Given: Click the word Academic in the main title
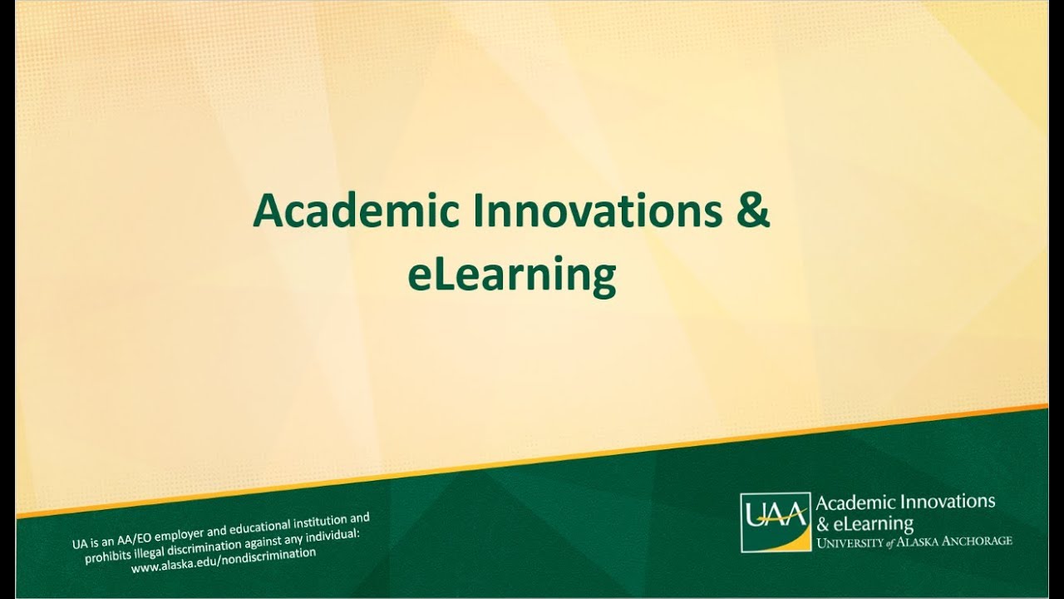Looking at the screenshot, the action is click(x=357, y=210).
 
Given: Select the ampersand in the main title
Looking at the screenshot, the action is click(x=752, y=210).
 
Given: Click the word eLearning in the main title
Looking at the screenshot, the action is click(x=512, y=275).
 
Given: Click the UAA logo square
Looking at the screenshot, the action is click(x=776, y=522).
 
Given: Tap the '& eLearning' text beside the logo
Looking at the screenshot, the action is click(x=865, y=524).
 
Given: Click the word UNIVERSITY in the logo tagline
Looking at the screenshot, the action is click(x=850, y=542).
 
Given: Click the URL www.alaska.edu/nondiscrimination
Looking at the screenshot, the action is click(x=224, y=560).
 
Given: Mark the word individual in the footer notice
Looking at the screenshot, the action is click(x=332, y=535).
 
